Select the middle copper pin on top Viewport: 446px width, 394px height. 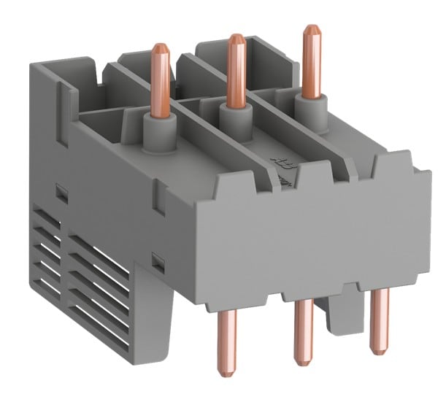pos(234,69)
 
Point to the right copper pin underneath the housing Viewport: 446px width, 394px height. pos(377,321)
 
